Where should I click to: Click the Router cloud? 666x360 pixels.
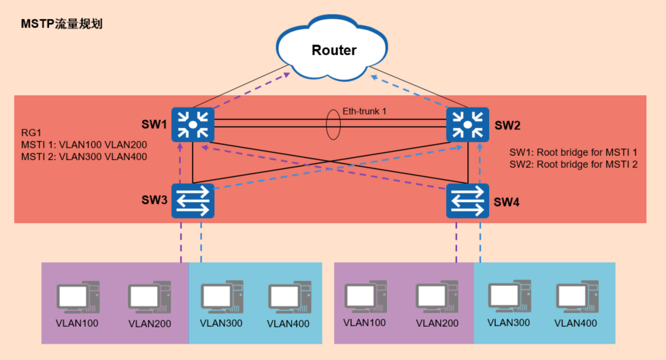click(x=332, y=48)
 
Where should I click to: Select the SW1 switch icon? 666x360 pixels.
click(x=193, y=125)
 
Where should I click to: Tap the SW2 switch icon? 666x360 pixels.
click(x=467, y=125)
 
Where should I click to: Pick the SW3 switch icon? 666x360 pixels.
click(x=193, y=201)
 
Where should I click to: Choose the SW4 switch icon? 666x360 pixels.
click(x=467, y=201)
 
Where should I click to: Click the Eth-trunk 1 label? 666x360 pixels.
click(x=365, y=112)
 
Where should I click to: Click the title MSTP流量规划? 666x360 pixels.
click(x=62, y=24)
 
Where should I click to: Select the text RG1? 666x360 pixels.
click(x=31, y=133)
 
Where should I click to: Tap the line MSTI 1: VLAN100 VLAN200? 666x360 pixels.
click(x=84, y=144)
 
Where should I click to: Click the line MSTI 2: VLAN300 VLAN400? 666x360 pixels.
click(x=84, y=157)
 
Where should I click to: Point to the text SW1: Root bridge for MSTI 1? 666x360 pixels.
click(x=573, y=152)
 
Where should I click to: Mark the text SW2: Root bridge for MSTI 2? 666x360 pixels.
click(x=573, y=165)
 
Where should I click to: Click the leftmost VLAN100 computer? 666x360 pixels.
click(x=78, y=297)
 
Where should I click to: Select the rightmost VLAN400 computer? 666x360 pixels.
click(x=578, y=296)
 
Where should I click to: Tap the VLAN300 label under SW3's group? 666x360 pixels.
click(x=221, y=323)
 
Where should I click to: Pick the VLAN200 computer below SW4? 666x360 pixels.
click(x=437, y=297)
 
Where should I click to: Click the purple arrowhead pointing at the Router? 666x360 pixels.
click(x=286, y=76)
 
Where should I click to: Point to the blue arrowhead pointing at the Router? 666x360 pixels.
click(x=374, y=78)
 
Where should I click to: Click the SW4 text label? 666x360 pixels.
click(x=506, y=202)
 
